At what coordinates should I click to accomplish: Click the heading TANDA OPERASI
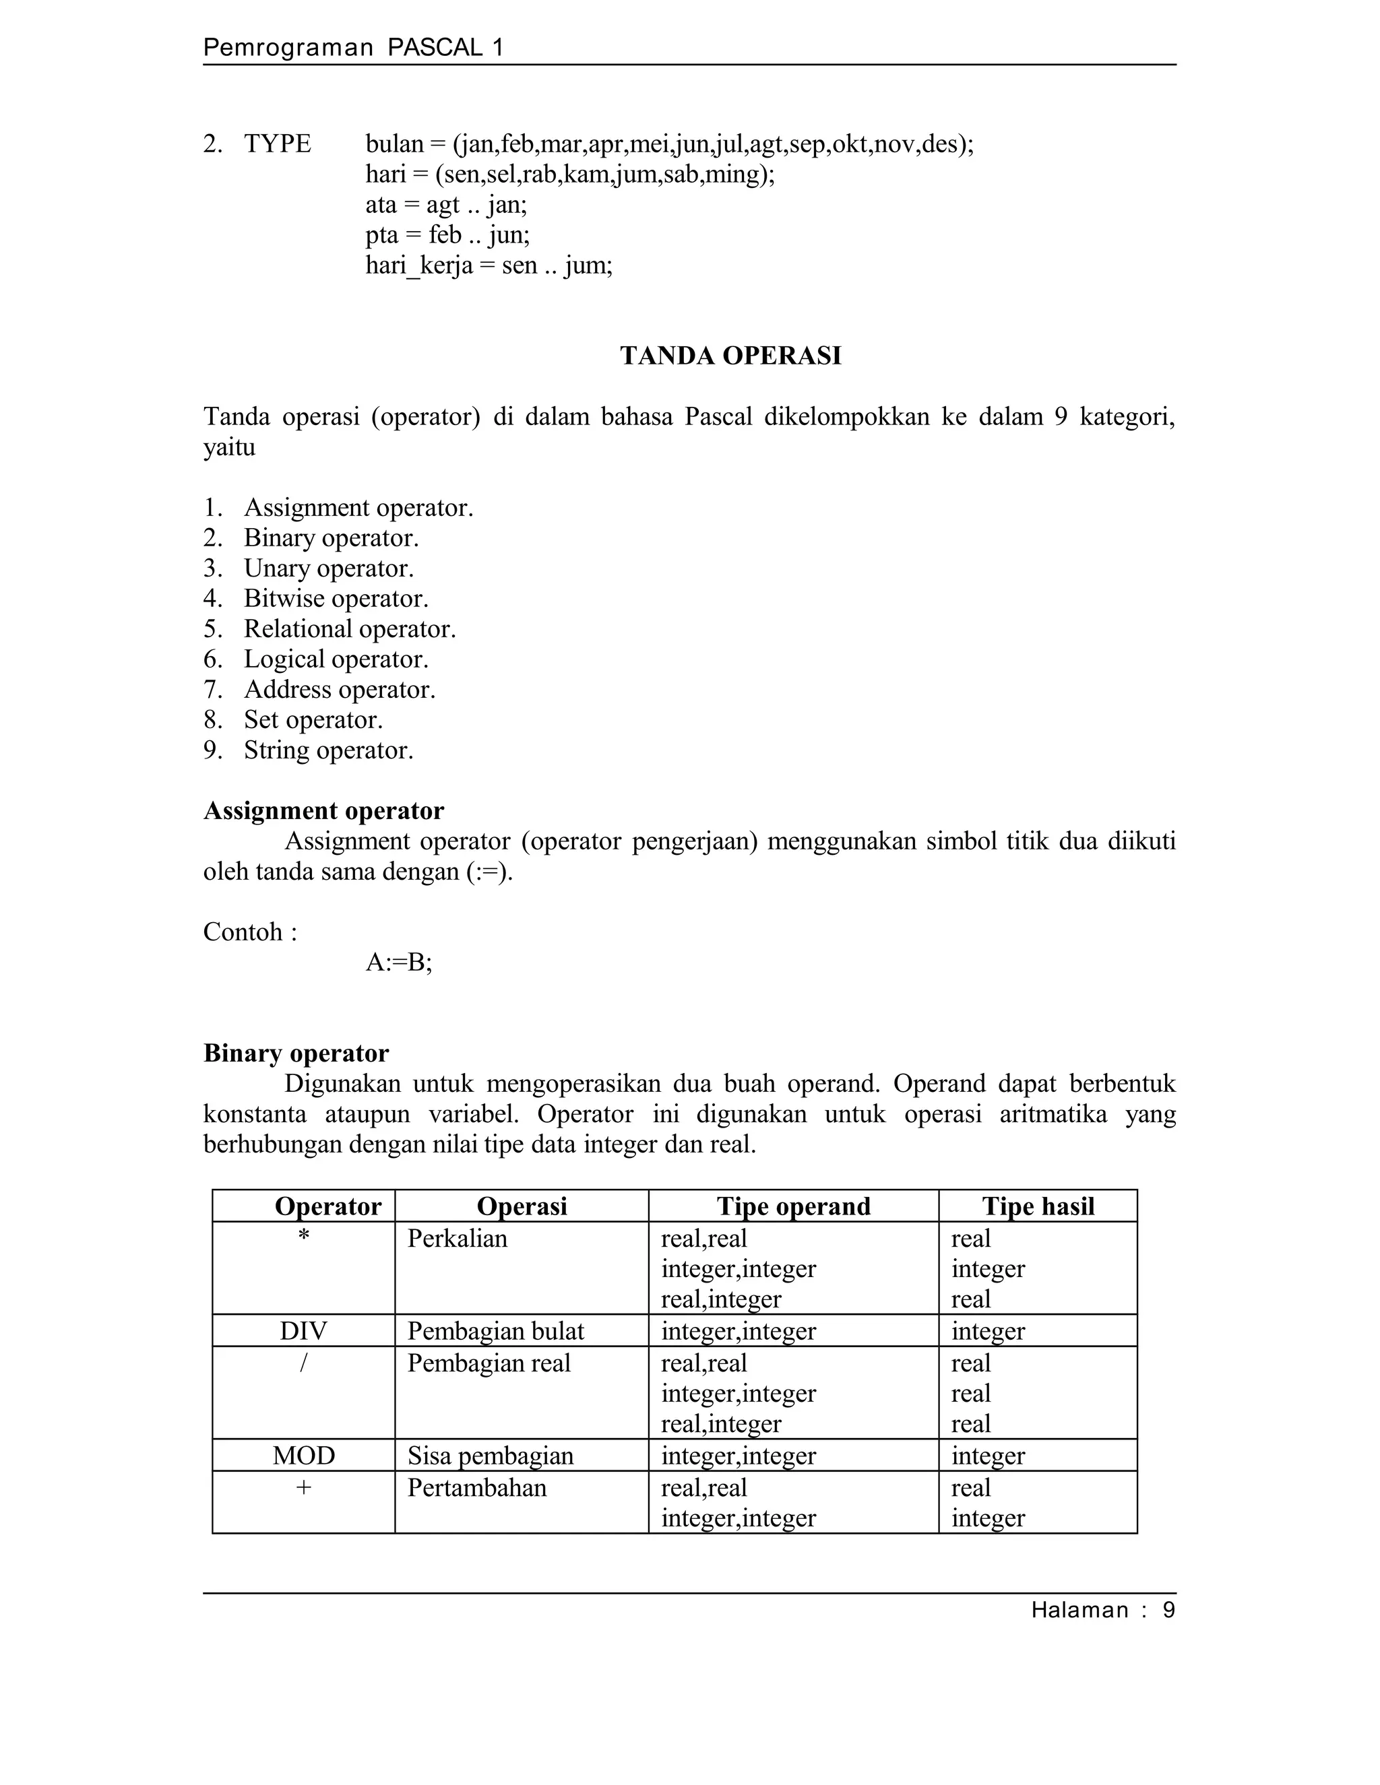730,356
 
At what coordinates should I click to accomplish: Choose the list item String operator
328,750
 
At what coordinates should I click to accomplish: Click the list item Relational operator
349,628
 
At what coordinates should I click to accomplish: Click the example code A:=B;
398,962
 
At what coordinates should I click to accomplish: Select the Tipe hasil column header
1038,1206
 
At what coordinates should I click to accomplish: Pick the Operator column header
328,1206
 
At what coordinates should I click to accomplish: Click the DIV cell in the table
303,1330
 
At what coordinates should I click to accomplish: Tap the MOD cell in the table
303,1455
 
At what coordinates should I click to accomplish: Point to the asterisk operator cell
303,1237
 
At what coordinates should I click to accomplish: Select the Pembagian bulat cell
495,1330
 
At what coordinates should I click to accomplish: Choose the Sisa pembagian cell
491,1455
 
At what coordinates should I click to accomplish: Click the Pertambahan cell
476,1487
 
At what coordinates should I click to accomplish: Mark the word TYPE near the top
277,144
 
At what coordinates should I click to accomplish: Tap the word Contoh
243,932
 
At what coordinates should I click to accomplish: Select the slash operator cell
303,1363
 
